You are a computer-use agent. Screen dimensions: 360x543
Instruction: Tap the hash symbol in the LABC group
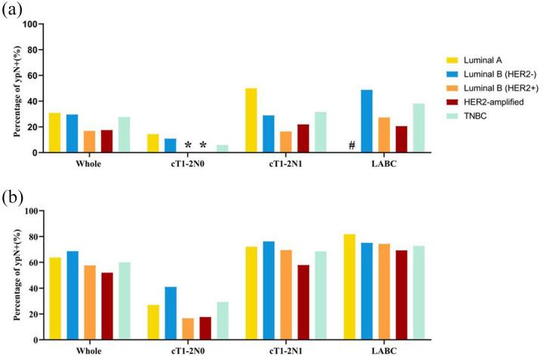click(351, 145)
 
